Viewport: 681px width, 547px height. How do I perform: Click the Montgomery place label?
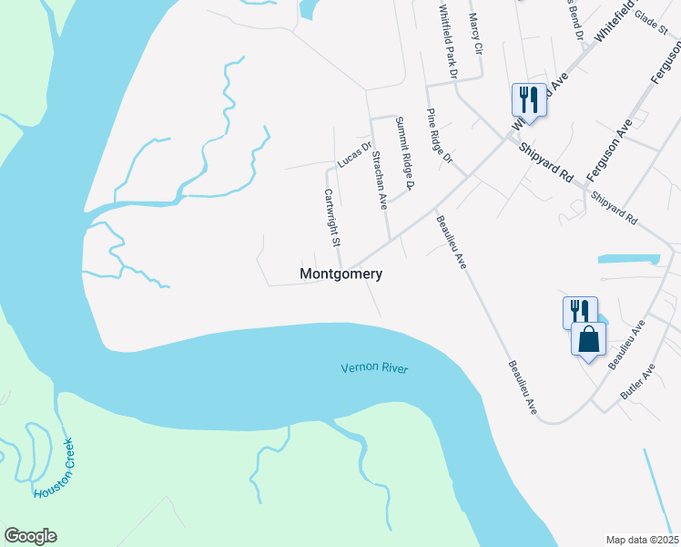(340, 273)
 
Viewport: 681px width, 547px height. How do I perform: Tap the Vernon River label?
(374, 368)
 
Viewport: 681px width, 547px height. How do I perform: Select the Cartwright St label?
(331, 218)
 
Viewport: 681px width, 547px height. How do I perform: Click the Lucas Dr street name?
(354, 154)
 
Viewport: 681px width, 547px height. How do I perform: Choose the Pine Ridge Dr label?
(440, 136)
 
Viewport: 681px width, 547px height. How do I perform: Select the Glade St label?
(651, 17)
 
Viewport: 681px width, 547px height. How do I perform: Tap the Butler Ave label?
(637, 384)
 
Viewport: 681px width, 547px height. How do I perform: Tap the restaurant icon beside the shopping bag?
(579, 313)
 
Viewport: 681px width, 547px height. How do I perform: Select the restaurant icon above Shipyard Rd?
(528, 98)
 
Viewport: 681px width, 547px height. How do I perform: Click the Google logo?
(30, 536)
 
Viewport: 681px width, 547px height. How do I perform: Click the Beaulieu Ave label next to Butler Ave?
(626, 344)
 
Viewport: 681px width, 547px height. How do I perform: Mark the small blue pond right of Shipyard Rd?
(628, 259)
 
